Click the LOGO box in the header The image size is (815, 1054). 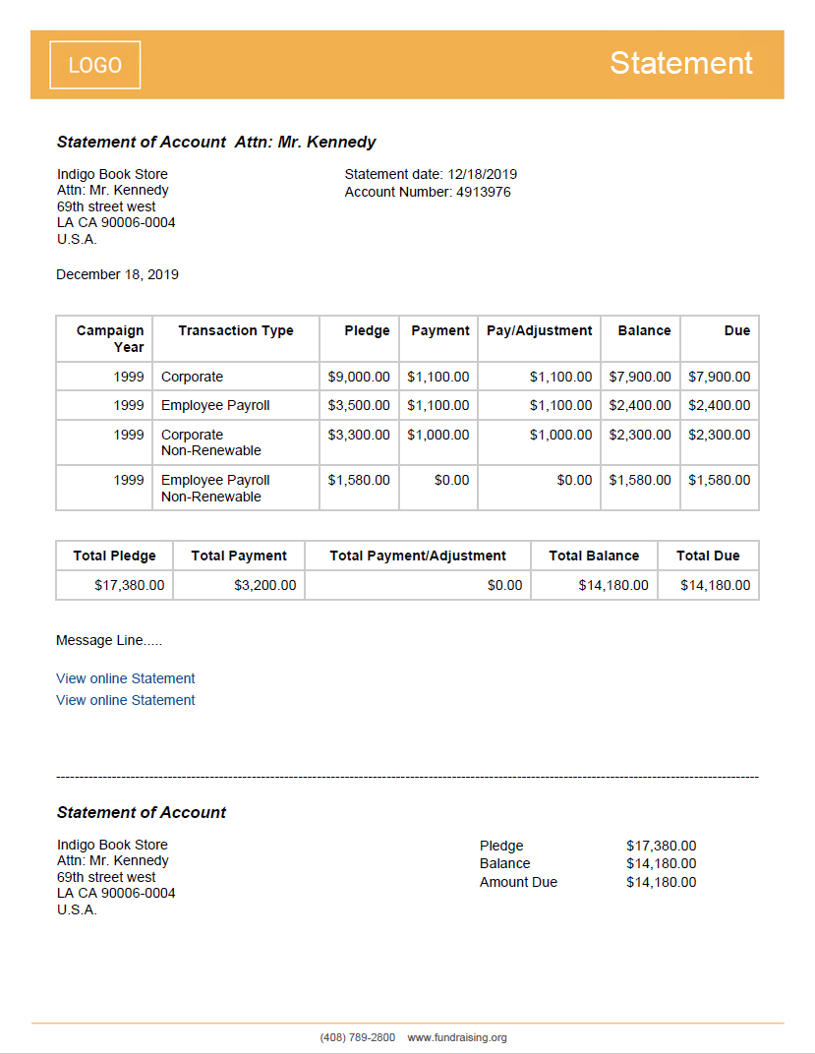point(95,65)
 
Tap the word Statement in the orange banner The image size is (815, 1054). point(680,63)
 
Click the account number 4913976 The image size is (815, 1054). point(483,192)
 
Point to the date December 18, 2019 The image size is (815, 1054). point(117,274)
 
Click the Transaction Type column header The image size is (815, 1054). point(236,330)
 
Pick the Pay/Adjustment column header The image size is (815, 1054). point(539,330)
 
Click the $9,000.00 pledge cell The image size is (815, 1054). point(359,377)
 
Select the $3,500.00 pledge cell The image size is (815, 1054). point(359,405)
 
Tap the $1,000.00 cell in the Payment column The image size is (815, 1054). point(438,435)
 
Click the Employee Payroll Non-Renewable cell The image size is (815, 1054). point(215,488)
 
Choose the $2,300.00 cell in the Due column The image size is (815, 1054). point(719,435)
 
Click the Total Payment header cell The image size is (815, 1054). point(239,556)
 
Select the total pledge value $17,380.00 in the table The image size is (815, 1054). point(130,585)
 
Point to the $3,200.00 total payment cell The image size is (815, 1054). point(264,585)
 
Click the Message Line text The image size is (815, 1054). point(109,640)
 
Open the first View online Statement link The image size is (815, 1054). point(126,678)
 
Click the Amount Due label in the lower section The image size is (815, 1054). point(518,882)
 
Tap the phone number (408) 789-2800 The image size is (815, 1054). point(357,1037)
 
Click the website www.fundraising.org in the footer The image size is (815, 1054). point(457,1037)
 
